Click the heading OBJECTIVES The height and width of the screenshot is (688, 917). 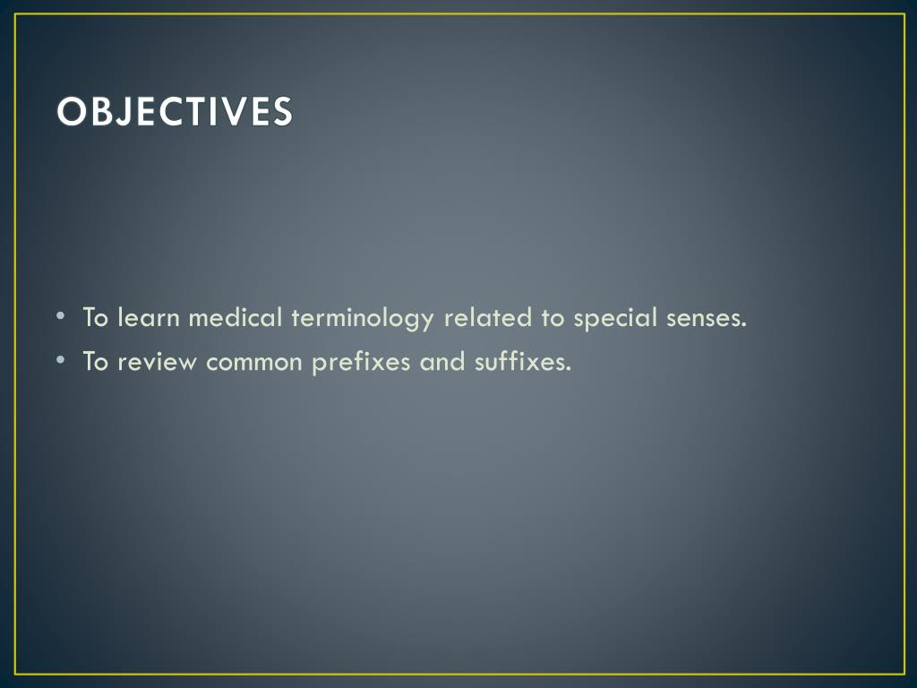click(175, 111)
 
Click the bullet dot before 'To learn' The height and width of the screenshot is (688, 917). click(60, 316)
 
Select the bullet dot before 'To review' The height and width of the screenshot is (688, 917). click(60, 361)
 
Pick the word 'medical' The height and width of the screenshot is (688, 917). click(236, 317)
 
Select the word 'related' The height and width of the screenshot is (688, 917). click(487, 317)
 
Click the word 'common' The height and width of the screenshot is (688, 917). click(256, 363)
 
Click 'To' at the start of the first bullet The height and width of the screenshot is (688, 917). click(96, 317)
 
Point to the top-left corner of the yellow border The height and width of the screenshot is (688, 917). click(16, 14)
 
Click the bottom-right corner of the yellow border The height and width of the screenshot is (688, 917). click(904, 674)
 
